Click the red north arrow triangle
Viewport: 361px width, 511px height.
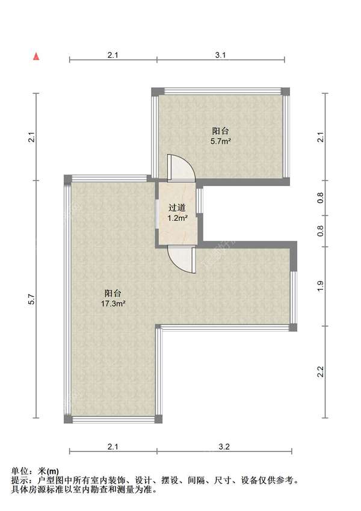click(37, 57)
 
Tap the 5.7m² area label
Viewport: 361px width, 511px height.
click(221, 141)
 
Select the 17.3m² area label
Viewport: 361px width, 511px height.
click(113, 304)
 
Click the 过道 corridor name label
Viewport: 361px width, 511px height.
click(177, 208)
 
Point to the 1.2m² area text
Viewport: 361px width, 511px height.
click(177, 218)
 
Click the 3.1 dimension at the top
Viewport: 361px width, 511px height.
click(221, 55)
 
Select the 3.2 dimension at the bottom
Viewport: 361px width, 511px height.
click(224, 447)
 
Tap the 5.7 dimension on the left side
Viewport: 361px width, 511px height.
click(31, 299)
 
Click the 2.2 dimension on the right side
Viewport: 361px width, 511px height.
click(321, 371)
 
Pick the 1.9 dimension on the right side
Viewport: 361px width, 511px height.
click(321, 286)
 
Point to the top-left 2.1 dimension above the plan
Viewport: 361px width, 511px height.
click(113, 55)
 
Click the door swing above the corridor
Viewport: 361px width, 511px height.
click(181, 168)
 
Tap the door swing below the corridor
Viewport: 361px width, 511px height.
click(181, 260)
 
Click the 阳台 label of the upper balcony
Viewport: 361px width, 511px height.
click(221, 131)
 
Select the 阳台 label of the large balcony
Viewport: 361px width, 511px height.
click(113, 293)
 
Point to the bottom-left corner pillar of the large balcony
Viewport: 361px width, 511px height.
click(67, 419)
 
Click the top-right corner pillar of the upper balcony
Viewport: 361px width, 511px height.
click(286, 91)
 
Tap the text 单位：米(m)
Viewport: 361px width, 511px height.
click(35, 471)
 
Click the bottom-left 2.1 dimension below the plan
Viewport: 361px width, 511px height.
click(113, 447)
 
